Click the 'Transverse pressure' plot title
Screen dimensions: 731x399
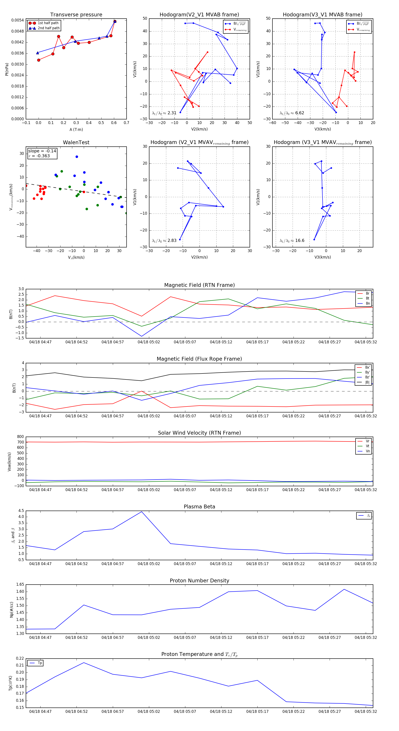point(76,15)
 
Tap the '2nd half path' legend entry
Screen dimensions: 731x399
point(49,28)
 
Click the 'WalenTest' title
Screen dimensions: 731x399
point(76,142)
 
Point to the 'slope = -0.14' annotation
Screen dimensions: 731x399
point(42,151)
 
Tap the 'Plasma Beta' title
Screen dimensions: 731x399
point(199,507)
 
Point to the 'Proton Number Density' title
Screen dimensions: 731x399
point(199,580)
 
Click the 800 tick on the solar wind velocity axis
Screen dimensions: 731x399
point(20,437)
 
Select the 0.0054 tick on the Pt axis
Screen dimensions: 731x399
point(18,20)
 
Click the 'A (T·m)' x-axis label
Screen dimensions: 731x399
point(76,129)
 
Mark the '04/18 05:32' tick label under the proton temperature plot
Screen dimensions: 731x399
point(366,712)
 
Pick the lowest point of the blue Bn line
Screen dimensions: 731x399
point(142,336)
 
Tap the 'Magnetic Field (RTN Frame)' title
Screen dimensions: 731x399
point(199,285)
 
